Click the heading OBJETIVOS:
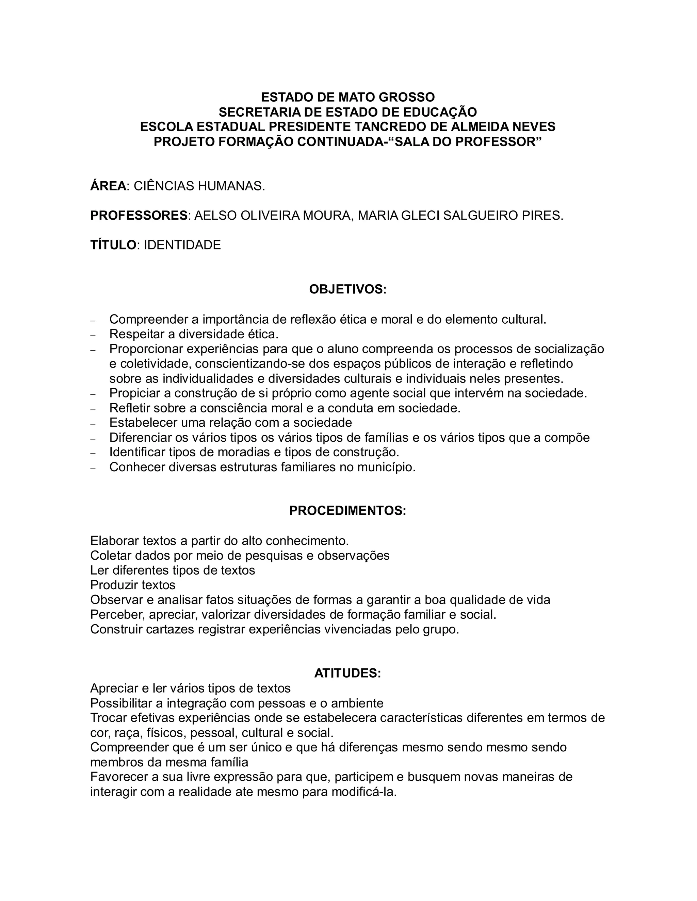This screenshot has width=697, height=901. click(x=348, y=289)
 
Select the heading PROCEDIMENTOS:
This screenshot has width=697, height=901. click(x=348, y=510)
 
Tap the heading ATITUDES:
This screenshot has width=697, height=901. click(x=348, y=673)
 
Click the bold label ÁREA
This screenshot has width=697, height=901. click(x=108, y=186)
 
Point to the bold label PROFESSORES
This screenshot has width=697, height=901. click(x=139, y=215)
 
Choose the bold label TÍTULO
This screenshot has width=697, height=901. click(x=113, y=245)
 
